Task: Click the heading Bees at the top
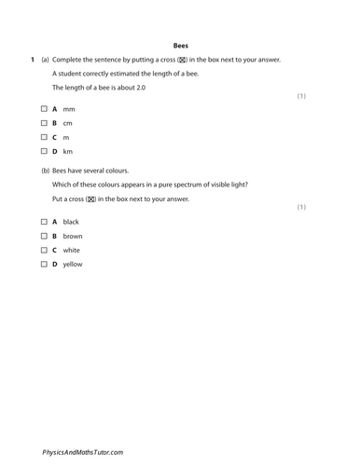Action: (x=181, y=44)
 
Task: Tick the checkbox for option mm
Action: (x=43, y=109)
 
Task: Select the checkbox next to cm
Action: (x=43, y=123)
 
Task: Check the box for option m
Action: (x=43, y=137)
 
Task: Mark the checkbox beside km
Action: (x=43, y=151)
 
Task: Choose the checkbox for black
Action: (x=43, y=222)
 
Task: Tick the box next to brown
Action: (x=43, y=236)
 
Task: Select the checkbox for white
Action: (x=43, y=250)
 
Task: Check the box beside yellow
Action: (x=43, y=264)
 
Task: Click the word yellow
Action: (x=73, y=264)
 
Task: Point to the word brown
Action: (x=73, y=236)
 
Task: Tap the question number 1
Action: (x=32, y=60)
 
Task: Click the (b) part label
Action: (x=46, y=171)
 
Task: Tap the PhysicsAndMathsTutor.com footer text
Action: (x=82, y=451)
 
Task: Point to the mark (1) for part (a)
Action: (x=301, y=96)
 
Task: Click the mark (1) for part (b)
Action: (x=301, y=206)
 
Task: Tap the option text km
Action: (x=67, y=151)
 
